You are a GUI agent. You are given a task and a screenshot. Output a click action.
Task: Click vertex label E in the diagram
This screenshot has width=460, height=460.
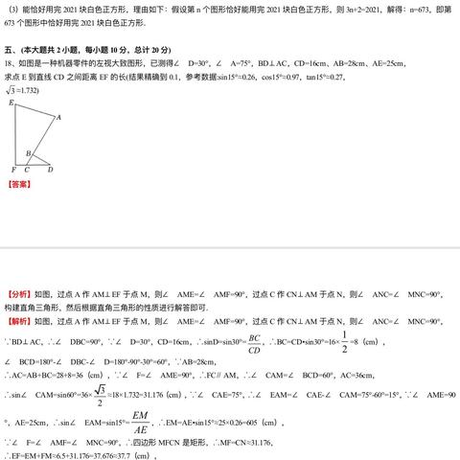pyautogui.click(x=11, y=102)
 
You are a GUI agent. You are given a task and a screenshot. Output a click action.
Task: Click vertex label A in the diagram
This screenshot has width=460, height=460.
pyautogui.click(x=57, y=118)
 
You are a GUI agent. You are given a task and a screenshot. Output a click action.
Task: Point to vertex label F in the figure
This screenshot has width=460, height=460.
pyautogui.click(x=11, y=170)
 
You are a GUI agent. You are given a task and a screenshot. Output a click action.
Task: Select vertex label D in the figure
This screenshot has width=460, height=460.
pyautogui.click(x=50, y=170)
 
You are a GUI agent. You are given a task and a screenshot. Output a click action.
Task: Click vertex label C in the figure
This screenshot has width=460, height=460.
pyautogui.click(x=26, y=170)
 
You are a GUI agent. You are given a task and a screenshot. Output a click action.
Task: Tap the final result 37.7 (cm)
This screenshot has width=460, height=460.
pyautogui.click(x=136, y=455)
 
